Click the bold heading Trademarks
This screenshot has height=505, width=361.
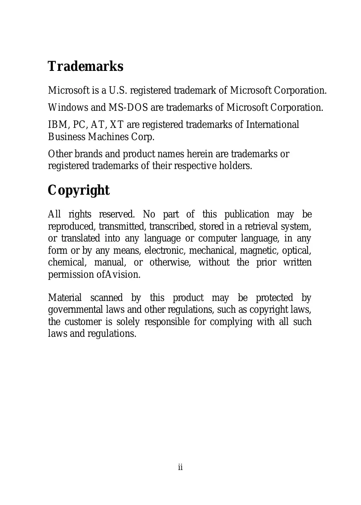[86, 66]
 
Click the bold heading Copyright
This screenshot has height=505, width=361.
[79, 190]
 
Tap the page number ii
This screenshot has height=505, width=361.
[180, 467]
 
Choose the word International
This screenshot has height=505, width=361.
[273, 125]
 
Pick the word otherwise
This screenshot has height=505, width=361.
[169, 262]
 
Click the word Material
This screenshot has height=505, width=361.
[65, 298]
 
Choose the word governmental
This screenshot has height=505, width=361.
[75, 310]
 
